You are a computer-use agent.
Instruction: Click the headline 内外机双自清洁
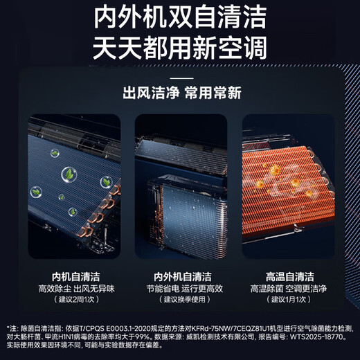pyautogui.click(x=180, y=17)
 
